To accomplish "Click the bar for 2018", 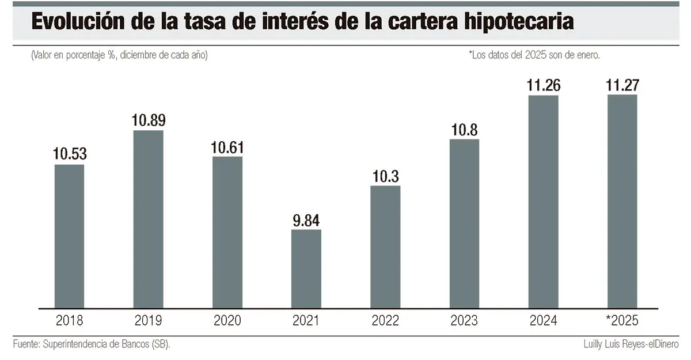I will (69, 236).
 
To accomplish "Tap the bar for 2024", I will (543, 202).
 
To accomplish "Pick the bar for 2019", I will (148, 219).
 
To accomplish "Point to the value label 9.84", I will (306, 220).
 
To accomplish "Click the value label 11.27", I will (622, 85).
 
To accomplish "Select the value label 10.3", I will (385, 176).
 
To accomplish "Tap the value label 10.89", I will (148, 121).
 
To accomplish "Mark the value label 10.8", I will (464, 130).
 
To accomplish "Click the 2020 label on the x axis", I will (227, 320).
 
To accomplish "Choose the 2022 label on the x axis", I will (385, 320).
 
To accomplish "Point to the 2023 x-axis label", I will (464, 320).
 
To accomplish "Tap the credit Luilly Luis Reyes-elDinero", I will (630, 344).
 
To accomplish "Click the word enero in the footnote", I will (589, 55).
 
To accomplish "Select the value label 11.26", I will (543, 85).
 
